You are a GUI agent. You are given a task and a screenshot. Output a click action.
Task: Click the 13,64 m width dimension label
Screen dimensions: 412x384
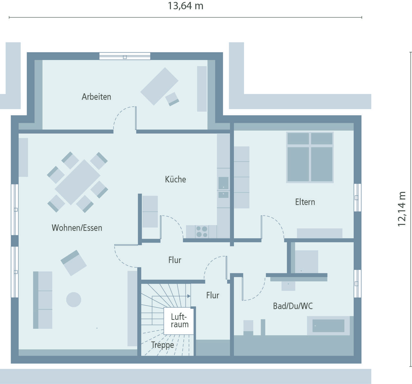point(185,6)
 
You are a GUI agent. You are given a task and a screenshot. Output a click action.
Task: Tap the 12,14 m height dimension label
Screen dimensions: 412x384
point(402,209)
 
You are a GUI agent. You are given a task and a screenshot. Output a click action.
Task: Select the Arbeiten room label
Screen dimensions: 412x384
point(97,97)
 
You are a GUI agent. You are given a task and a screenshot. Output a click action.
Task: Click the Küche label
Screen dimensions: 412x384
point(175,179)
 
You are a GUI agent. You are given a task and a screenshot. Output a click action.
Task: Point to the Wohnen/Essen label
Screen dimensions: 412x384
point(77,228)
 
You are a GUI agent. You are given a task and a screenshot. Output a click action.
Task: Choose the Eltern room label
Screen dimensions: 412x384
point(305,202)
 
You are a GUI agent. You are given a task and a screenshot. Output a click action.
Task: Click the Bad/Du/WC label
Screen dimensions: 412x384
point(293,306)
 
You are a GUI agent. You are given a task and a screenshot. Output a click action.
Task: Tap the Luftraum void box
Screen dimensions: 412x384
point(179,321)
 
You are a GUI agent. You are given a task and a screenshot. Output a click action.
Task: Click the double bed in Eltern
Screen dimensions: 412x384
point(310,157)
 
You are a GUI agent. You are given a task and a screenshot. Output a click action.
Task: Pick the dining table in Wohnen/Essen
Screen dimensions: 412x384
point(78,182)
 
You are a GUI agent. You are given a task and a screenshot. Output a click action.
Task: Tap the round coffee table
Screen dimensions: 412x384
point(74,300)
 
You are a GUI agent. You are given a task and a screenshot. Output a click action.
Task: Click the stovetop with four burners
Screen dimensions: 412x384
point(202,232)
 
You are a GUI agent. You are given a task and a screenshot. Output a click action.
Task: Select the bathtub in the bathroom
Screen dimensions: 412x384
point(328,326)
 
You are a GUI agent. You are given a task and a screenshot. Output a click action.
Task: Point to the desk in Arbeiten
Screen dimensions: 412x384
point(159,86)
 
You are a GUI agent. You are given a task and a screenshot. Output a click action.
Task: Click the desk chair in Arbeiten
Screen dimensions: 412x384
point(172,99)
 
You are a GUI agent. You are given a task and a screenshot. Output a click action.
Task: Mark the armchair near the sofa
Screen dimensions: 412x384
point(74,263)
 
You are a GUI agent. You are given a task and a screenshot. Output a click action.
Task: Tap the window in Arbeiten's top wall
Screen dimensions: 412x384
point(125,56)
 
